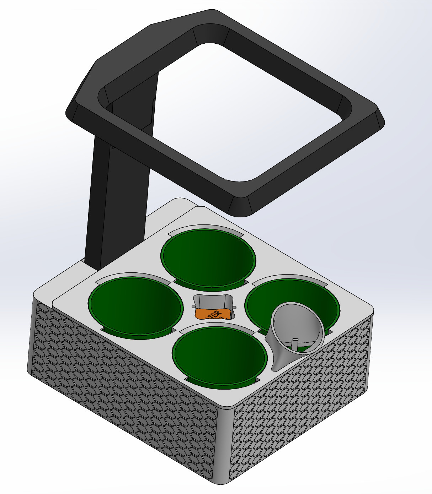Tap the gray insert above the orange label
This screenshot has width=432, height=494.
[x=213, y=302]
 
